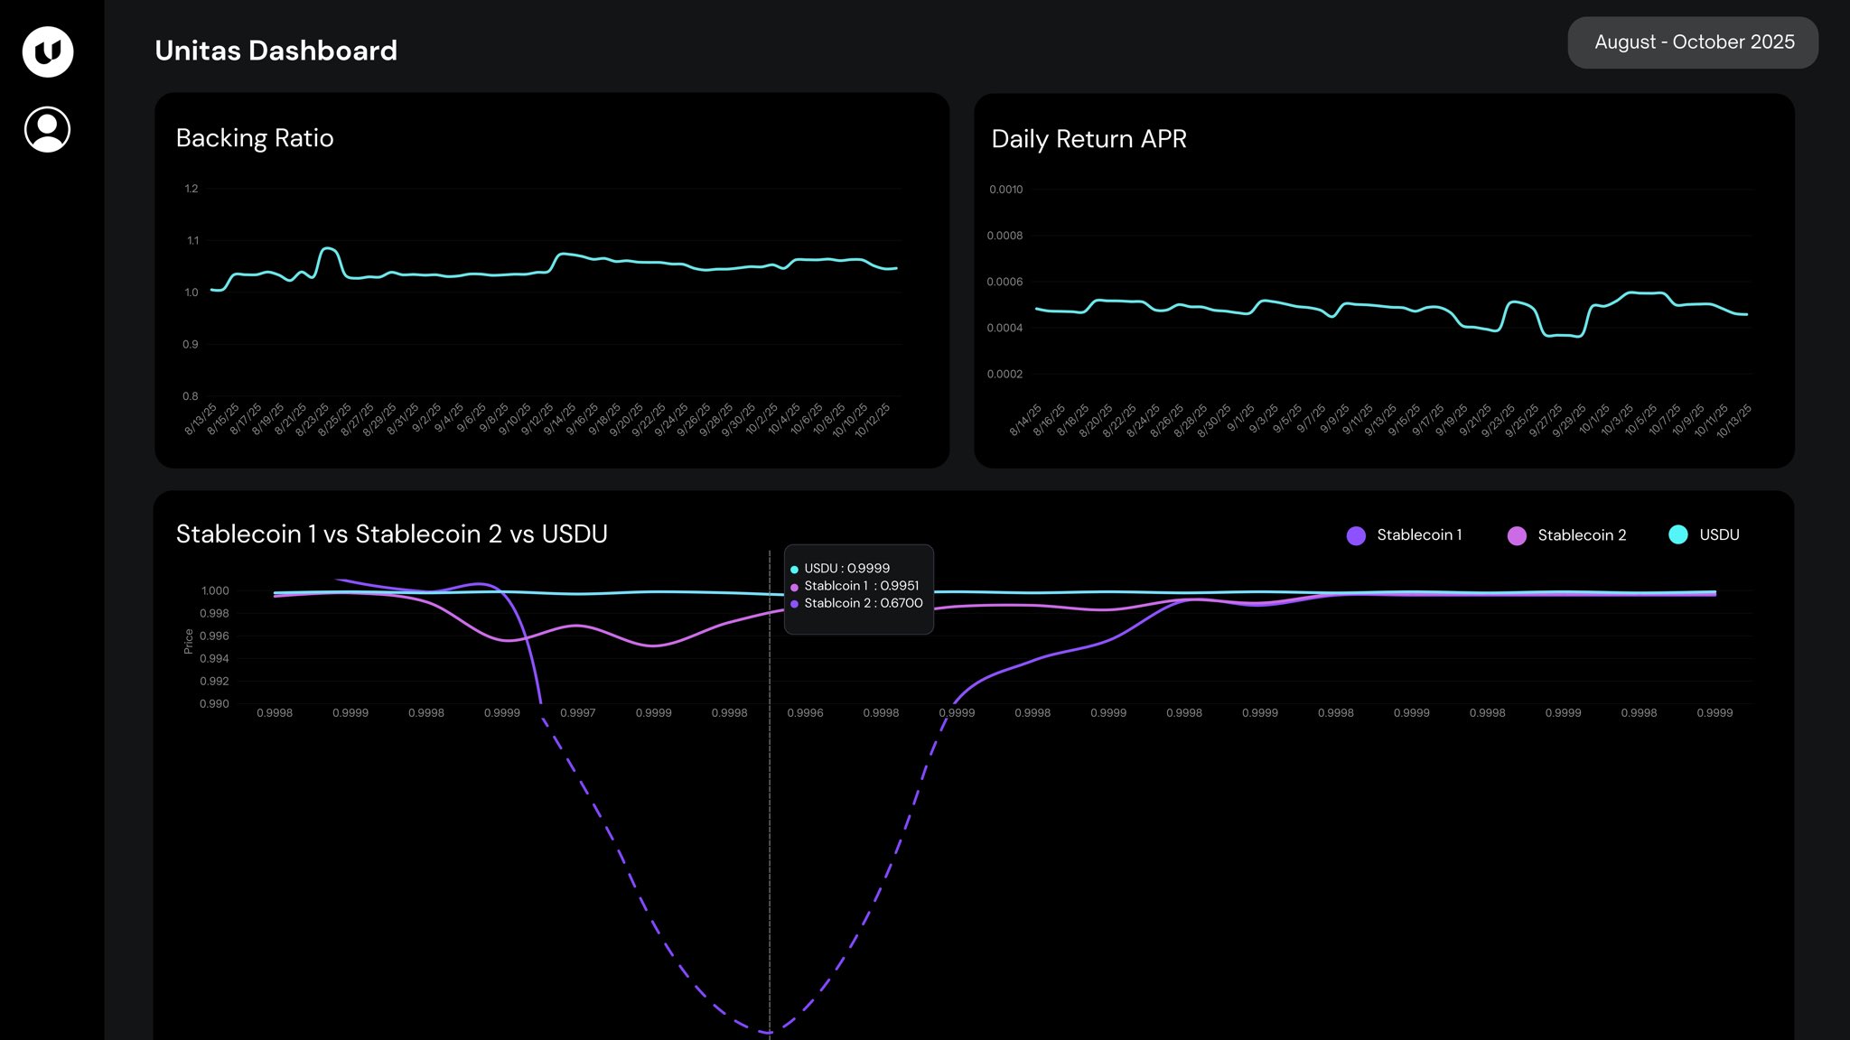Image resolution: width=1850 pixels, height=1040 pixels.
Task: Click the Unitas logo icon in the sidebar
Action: tap(48, 51)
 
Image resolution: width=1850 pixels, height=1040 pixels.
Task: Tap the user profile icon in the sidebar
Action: tap(48, 129)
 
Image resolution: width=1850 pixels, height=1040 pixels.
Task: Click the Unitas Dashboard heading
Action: tap(276, 51)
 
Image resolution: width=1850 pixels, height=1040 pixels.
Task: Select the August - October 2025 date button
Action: tap(1693, 42)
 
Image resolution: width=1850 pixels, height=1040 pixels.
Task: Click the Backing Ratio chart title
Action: tap(255, 138)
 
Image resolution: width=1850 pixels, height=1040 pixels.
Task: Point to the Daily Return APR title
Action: tap(1089, 139)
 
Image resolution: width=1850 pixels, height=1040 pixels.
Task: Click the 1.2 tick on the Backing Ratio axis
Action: tap(192, 189)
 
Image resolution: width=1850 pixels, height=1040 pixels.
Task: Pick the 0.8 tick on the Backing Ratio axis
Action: tap(191, 396)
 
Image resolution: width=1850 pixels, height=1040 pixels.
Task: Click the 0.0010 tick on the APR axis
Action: tap(1005, 190)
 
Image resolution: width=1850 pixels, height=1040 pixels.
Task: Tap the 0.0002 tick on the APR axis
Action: tap(1004, 374)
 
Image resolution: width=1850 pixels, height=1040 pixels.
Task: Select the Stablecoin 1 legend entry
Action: tap(1405, 535)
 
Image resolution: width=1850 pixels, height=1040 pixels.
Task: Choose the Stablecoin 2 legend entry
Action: tap(1567, 535)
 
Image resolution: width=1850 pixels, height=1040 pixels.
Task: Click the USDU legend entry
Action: tap(1705, 535)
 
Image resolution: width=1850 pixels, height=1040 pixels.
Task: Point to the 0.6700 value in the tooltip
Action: tap(902, 603)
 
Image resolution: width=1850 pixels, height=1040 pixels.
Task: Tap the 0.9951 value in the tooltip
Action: tap(900, 586)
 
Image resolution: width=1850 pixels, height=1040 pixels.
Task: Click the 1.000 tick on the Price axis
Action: tap(215, 590)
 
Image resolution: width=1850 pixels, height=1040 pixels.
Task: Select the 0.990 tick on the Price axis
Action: tap(215, 703)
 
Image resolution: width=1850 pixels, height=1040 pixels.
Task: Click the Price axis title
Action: tap(188, 641)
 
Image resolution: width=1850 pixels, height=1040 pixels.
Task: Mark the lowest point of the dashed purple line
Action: tap(769, 1032)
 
